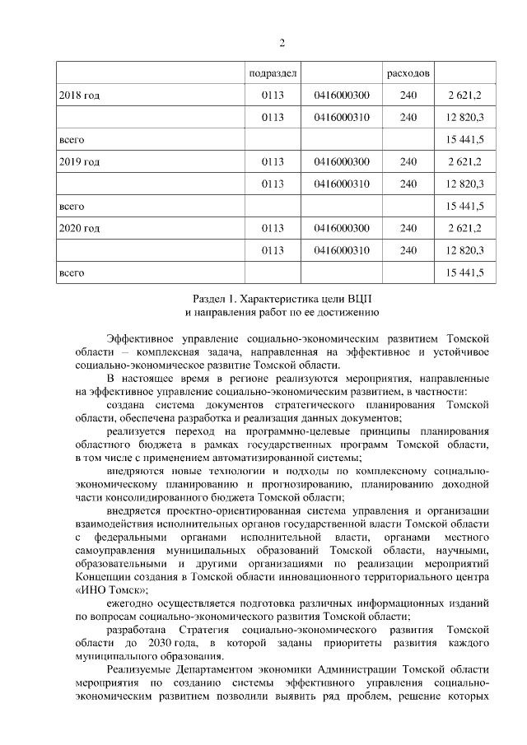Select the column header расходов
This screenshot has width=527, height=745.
(x=408, y=73)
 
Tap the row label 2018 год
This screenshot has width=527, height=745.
(x=80, y=95)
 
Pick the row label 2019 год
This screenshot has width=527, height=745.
(x=80, y=161)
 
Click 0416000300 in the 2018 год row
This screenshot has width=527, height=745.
(x=341, y=95)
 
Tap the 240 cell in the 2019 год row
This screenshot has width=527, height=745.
(x=408, y=161)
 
